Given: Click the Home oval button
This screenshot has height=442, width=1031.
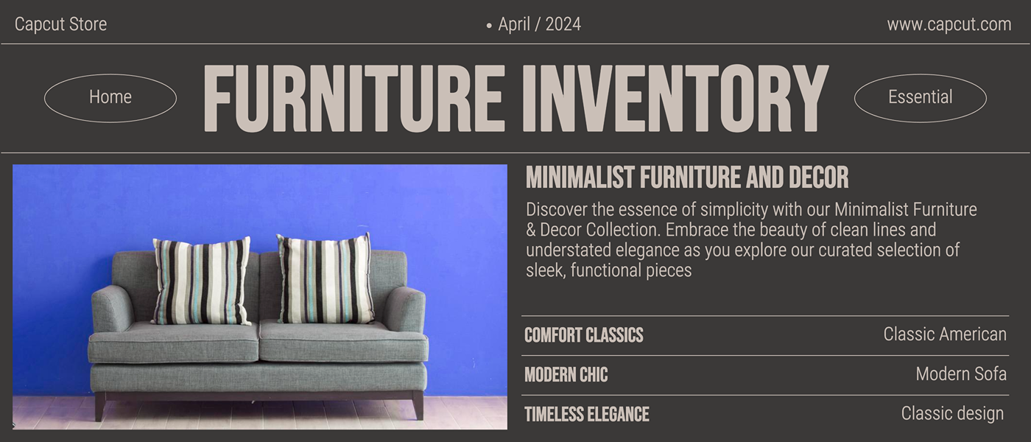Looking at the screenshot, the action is (110, 98).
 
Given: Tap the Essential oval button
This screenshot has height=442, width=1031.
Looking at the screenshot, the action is (920, 98).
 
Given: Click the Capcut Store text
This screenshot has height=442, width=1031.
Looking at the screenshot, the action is (60, 24).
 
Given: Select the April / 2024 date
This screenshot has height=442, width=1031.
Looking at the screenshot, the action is (539, 24).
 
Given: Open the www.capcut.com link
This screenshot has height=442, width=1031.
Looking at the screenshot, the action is (949, 24).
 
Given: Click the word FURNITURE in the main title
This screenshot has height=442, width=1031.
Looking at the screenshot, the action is (354, 98).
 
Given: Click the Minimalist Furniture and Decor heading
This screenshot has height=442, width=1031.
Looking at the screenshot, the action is (687, 178).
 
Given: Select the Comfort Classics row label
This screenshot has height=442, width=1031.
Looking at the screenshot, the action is (583, 335).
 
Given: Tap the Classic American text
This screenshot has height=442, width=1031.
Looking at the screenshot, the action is (945, 334).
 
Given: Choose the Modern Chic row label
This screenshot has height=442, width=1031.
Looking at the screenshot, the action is (566, 375).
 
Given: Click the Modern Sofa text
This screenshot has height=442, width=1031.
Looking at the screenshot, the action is (961, 374).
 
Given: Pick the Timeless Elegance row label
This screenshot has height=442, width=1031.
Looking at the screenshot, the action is (587, 414).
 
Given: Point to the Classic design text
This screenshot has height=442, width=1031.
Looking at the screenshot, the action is (952, 414).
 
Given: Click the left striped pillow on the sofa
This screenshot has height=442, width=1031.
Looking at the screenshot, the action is (202, 281).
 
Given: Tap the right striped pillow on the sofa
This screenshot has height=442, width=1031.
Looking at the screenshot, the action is (325, 278).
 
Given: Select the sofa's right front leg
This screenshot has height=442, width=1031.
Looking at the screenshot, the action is (418, 406).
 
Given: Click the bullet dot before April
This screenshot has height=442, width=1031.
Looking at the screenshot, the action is (489, 26).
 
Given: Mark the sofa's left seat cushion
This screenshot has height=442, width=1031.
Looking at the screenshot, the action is (174, 342).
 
